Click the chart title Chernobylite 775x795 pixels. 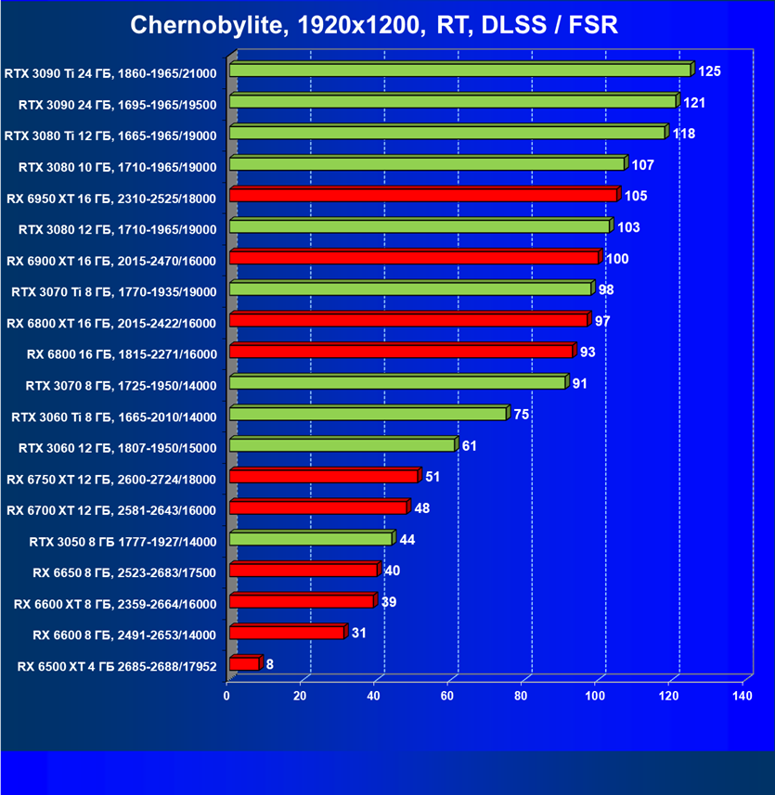tap(374, 26)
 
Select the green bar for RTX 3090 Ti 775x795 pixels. tap(459, 71)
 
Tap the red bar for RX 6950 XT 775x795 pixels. tap(422, 195)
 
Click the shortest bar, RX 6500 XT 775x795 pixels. tap(244, 664)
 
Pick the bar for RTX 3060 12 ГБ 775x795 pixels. tap(342, 445)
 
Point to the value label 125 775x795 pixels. tap(710, 71)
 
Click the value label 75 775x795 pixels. tap(521, 414)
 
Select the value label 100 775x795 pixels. tap(616, 258)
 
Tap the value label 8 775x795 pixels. tap(269, 664)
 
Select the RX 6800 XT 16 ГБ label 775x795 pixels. tap(111, 323)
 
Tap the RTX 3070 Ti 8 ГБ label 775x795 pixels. tap(113, 291)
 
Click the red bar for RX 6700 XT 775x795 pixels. tap(318, 508)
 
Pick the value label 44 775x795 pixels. tap(407, 539)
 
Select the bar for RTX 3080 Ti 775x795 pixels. tap(446, 133)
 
